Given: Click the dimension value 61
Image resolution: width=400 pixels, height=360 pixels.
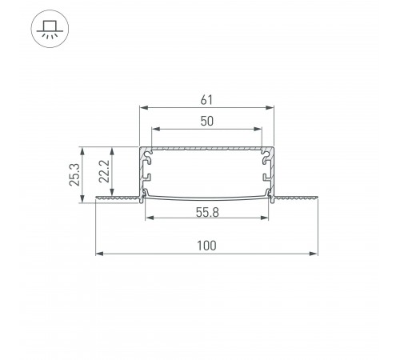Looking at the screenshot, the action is pyautogui.click(x=206, y=100).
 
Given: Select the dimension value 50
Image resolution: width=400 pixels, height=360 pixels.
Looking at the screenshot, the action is pyautogui.click(x=206, y=121).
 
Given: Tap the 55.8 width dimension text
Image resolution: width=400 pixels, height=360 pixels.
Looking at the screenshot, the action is pyautogui.click(x=207, y=213).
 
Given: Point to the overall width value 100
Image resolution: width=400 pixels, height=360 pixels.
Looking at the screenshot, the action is pyautogui.click(x=206, y=246).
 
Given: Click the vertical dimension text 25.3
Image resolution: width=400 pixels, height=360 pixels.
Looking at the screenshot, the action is pyautogui.click(x=74, y=174).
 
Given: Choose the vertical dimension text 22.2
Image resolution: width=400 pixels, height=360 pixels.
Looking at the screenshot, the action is pyautogui.click(x=104, y=171).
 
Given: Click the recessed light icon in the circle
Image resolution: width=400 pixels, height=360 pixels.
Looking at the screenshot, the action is pyautogui.click(x=50, y=29).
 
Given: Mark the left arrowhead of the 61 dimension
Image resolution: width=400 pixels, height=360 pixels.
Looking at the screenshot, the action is pyautogui.click(x=144, y=108).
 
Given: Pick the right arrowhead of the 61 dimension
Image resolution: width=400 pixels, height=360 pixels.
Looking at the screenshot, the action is pyautogui.click(x=270, y=108).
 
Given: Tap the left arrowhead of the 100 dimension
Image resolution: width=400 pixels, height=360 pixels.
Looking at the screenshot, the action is pyautogui.click(x=100, y=254).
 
